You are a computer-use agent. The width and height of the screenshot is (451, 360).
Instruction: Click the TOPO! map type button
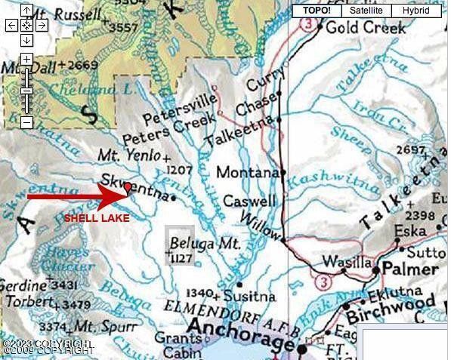point(316,11)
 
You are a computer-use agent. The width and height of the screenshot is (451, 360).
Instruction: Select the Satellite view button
point(366,11)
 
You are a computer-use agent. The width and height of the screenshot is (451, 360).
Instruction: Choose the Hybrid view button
point(415,11)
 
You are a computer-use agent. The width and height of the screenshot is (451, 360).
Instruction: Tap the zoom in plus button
point(26,60)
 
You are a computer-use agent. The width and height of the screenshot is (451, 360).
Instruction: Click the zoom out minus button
point(26,122)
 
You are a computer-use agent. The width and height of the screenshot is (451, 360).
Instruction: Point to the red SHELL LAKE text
point(96,218)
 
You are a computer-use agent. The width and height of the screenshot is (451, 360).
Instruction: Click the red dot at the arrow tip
point(128,186)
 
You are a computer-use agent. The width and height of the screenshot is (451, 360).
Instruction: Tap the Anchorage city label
point(239,328)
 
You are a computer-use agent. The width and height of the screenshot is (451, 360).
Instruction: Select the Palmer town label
point(411,269)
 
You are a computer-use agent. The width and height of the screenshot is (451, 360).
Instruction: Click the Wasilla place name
point(344,262)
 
